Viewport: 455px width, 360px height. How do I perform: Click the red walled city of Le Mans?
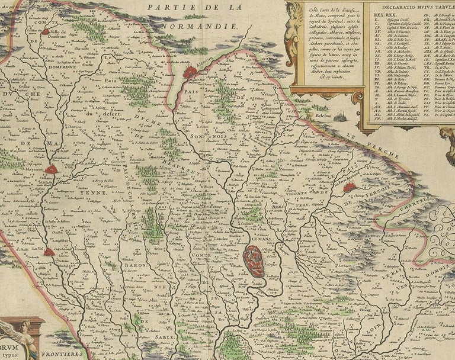click(254, 261)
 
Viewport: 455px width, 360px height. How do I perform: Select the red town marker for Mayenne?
click(52, 171)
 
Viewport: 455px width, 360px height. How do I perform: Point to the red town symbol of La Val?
click(49, 252)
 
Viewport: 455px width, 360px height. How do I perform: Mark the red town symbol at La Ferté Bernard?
click(350, 187)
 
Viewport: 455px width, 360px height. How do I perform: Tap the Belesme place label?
click(316, 117)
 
